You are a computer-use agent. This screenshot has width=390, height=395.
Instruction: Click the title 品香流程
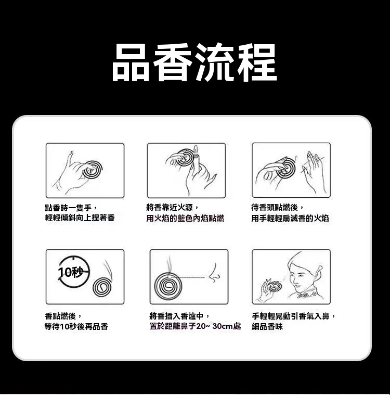point(194,62)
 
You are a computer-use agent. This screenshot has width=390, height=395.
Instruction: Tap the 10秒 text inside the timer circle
point(71,272)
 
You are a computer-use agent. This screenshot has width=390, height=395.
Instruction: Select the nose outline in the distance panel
point(215,273)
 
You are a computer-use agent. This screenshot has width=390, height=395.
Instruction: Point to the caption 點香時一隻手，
point(71,208)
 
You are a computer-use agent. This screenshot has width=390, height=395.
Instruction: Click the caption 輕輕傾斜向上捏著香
point(80,218)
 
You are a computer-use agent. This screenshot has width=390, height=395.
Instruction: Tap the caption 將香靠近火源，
point(173,208)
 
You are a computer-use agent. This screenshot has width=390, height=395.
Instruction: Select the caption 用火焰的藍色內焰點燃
point(185,218)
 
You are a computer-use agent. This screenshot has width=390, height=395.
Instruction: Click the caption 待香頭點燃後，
point(278,208)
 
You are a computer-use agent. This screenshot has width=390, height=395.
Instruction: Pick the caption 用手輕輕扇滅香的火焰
point(290,218)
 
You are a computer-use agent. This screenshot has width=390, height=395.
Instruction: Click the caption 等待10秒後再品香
point(76,326)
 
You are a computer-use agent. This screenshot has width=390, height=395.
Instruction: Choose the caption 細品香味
point(267,326)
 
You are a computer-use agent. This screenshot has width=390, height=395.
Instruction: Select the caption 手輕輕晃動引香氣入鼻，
point(294,316)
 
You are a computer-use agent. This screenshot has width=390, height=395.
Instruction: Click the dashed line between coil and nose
point(189,277)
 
